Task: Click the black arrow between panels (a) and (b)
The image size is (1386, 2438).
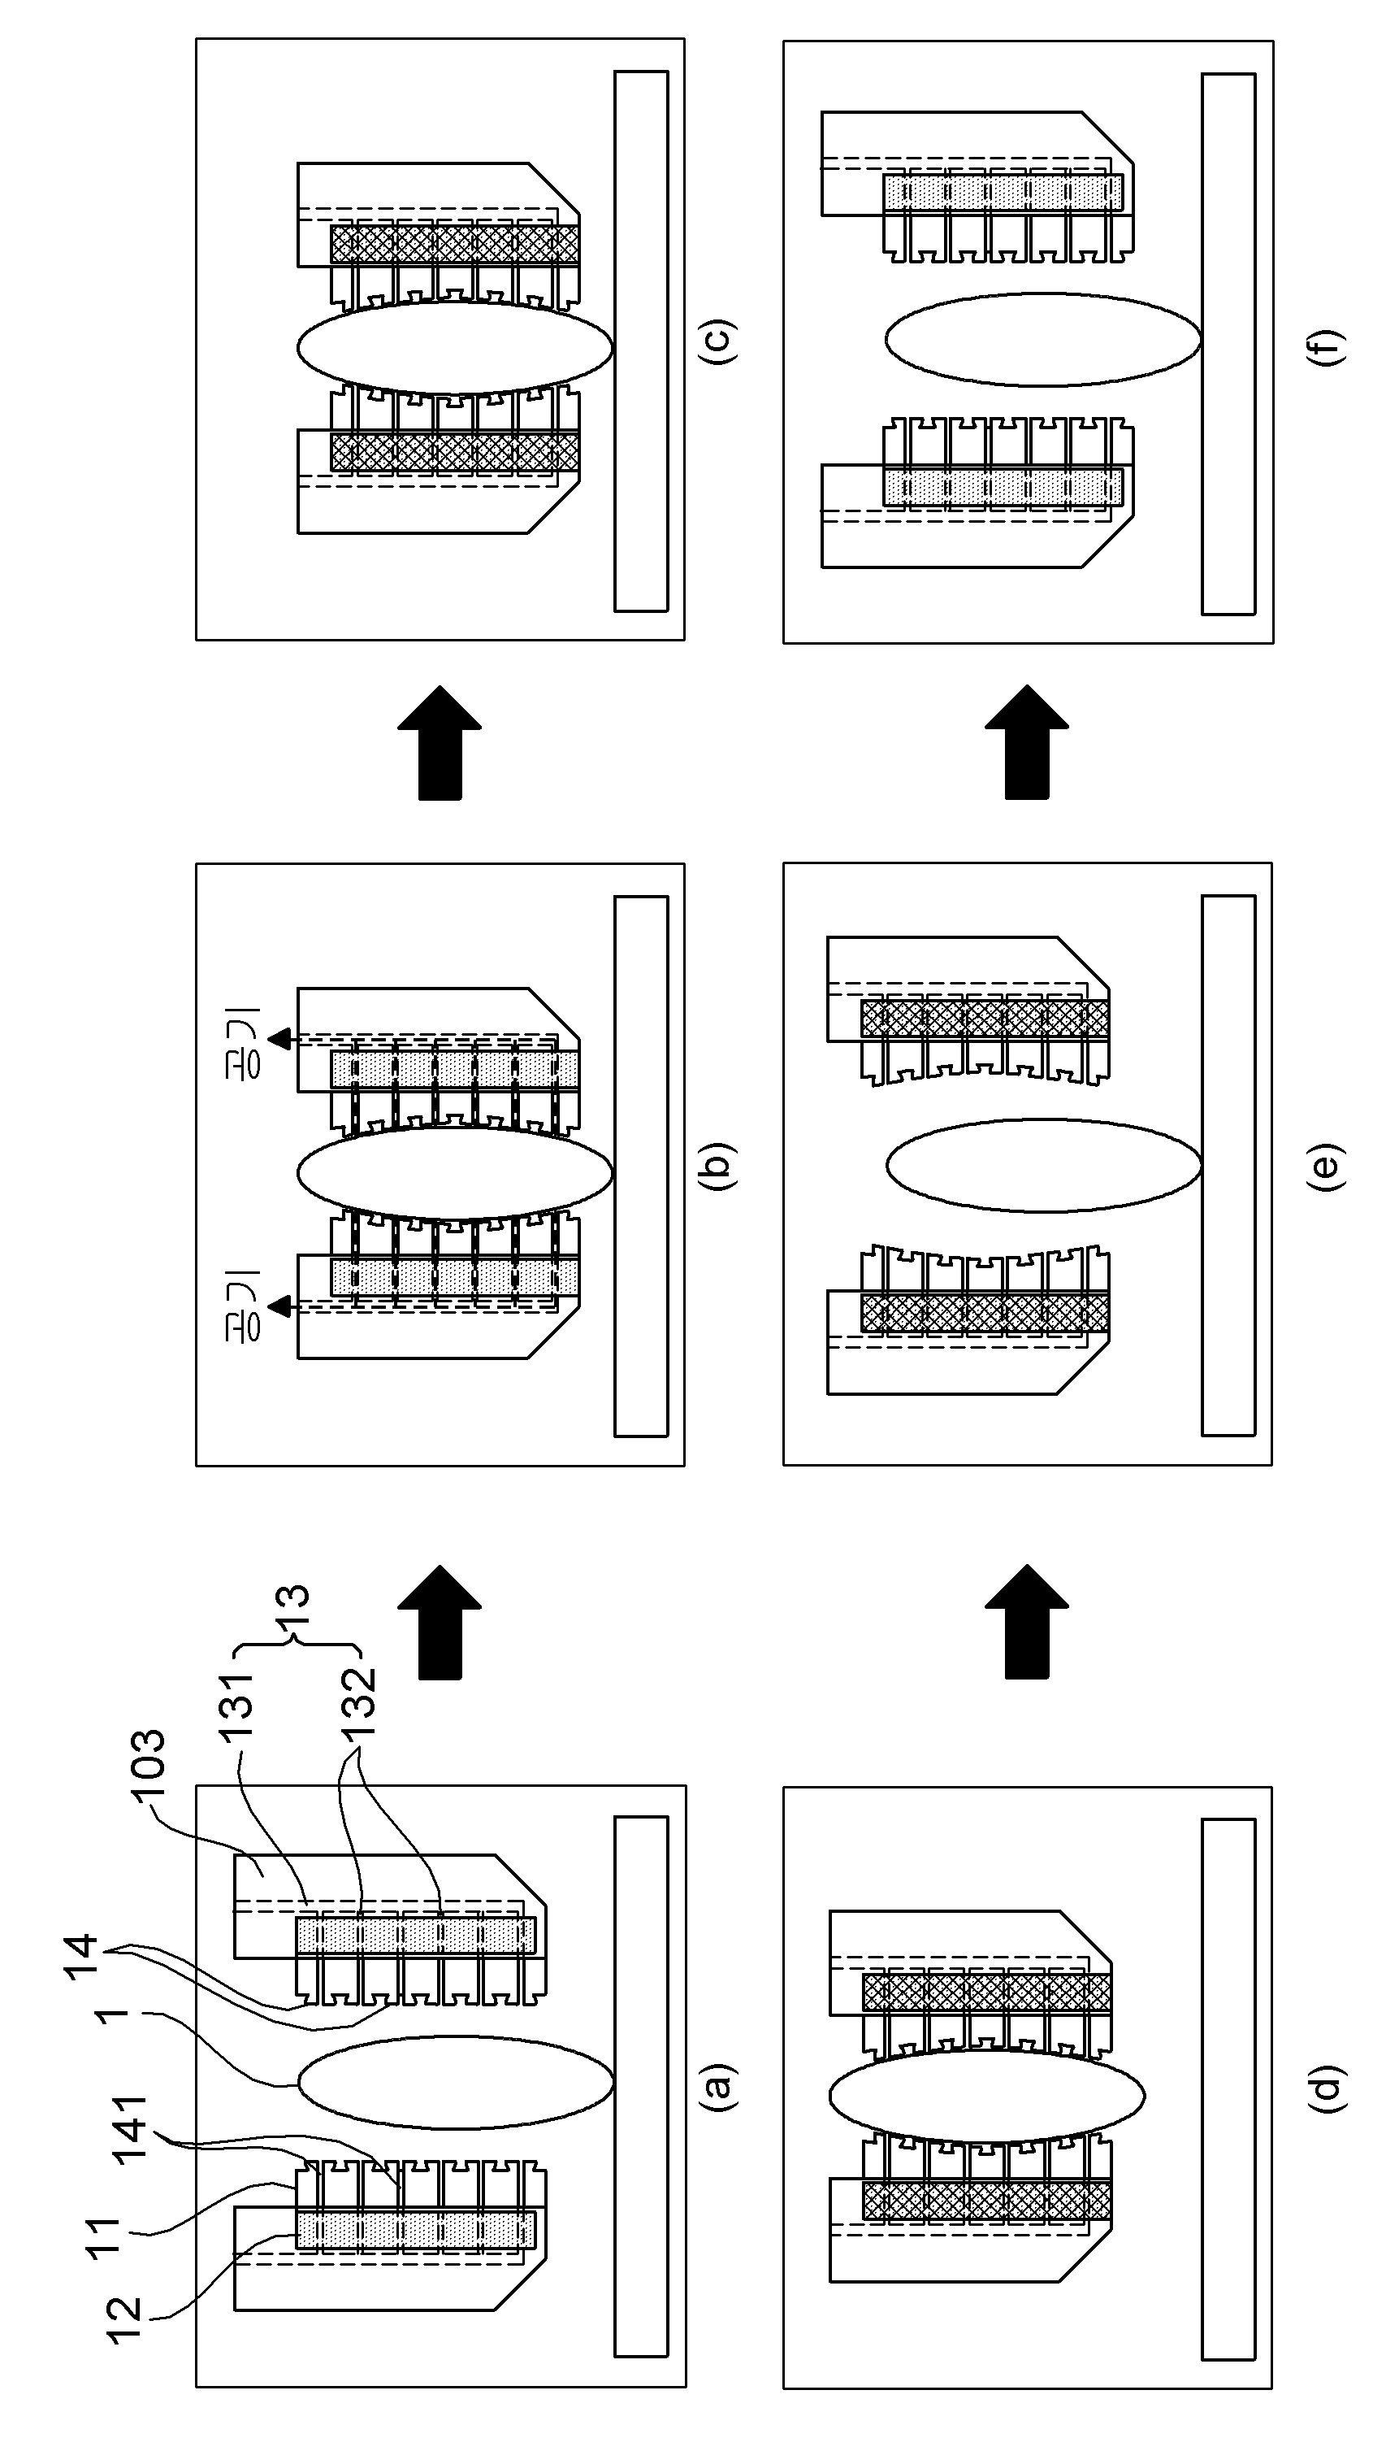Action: coord(440,1622)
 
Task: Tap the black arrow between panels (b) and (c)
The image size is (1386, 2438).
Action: coord(440,743)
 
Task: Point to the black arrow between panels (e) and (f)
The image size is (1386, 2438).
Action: coord(1027,743)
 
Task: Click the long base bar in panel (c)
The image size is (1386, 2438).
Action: coord(641,341)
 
